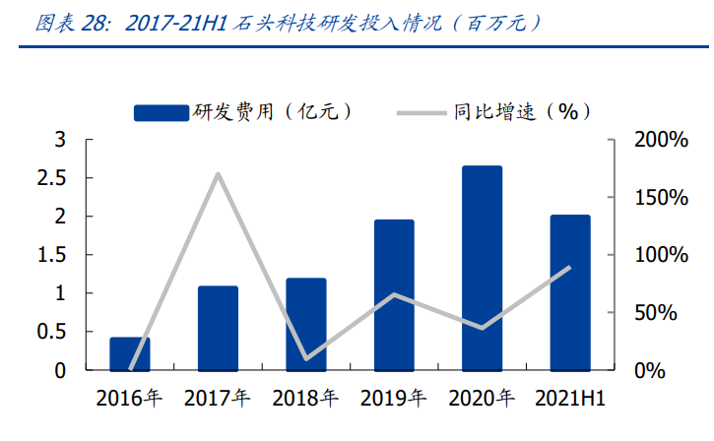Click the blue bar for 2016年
pos(130,353)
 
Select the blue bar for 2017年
pos(218,328)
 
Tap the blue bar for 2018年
pos(305,324)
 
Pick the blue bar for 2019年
pos(394,294)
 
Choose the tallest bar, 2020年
pos(482,268)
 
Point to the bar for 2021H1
pos(570,292)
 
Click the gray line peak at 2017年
pos(218,174)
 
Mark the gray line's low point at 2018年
pos(305,358)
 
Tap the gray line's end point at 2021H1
pos(570,267)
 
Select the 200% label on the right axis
pos(660,140)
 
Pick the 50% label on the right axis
pos(654,313)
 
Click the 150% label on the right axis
pos(660,198)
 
